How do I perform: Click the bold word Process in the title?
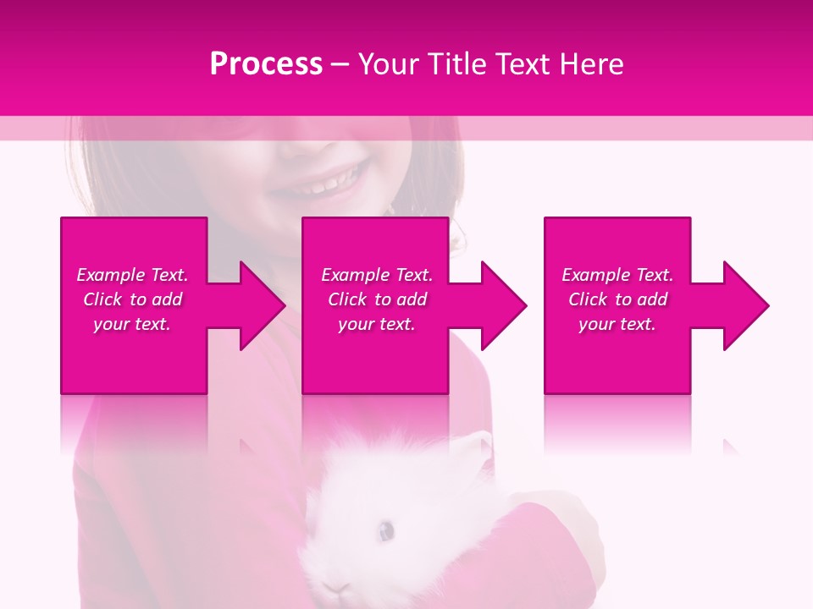266,64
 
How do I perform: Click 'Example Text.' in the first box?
132,275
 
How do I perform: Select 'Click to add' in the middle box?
377,299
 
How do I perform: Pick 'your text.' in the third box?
617,324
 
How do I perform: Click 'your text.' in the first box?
132,324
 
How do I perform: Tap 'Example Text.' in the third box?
617,275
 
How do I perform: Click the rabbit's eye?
386,530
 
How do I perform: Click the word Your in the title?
388,64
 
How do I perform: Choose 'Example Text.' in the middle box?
377,275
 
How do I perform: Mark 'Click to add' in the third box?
617,299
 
